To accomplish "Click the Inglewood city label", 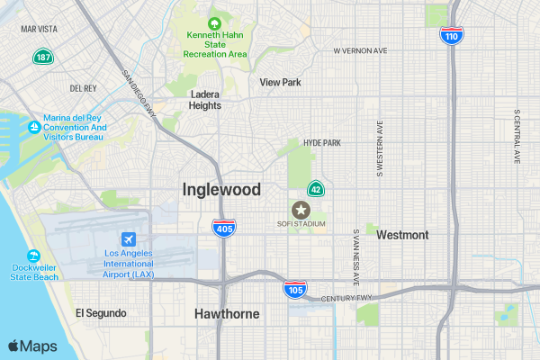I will (221, 190).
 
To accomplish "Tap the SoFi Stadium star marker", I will (301, 209).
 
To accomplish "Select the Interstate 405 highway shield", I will (225, 228).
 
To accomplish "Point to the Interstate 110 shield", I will (451, 36).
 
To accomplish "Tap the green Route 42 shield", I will (316, 189).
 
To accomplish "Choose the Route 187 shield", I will (42, 57).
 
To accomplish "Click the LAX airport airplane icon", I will (129, 239).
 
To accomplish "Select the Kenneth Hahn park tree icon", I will (214, 23).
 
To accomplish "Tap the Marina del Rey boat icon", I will (34, 127).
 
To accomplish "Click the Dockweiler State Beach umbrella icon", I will (34, 256).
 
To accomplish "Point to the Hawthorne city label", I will (227, 314).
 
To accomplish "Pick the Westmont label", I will (402, 235).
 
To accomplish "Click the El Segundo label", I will (101, 313).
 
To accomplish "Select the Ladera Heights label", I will (205, 99).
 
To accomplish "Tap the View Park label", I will (280, 82).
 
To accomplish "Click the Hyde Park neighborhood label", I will (322, 142).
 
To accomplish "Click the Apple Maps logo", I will (32, 346).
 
